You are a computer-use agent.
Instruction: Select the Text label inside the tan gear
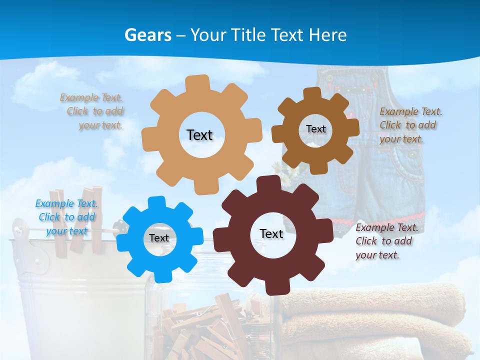click(199, 135)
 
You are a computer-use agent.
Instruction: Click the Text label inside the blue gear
click(159, 238)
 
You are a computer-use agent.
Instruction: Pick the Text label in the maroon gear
click(271, 233)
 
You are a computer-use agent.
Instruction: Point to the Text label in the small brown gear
click(315, 129)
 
